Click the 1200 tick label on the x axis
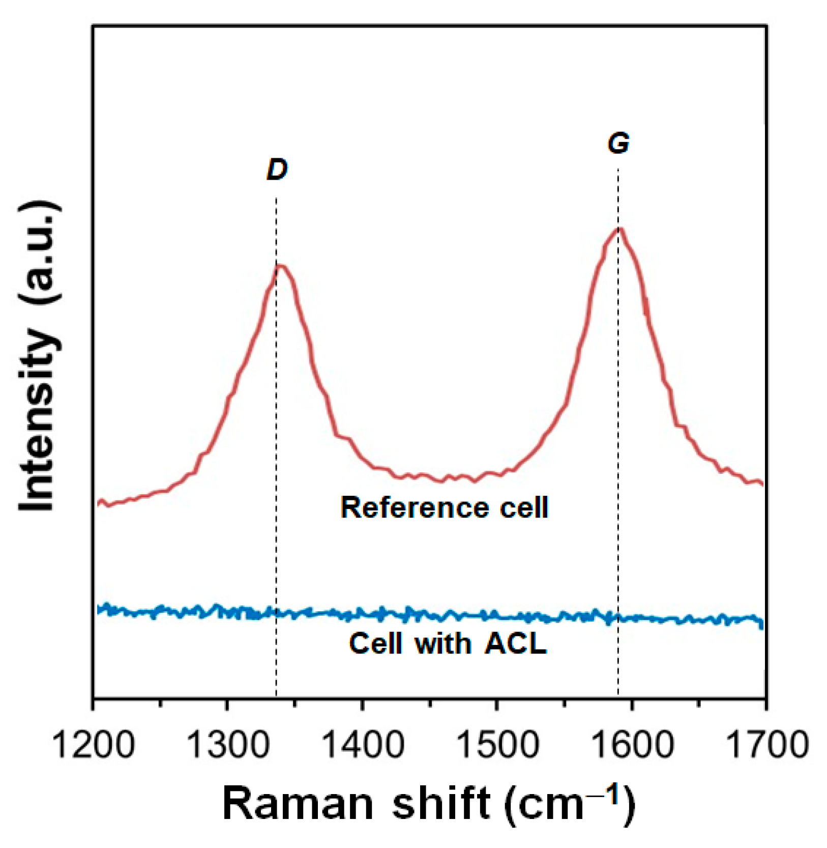(94, 745)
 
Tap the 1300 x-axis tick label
(228, 745)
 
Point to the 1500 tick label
(497, 745)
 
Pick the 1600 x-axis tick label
(632, 745)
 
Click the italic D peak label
(277, 169)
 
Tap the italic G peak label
(618, 144)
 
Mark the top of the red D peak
(280, 265)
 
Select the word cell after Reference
(524, 508)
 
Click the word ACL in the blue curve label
(515, 643)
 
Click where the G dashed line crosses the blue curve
(618, 618)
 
